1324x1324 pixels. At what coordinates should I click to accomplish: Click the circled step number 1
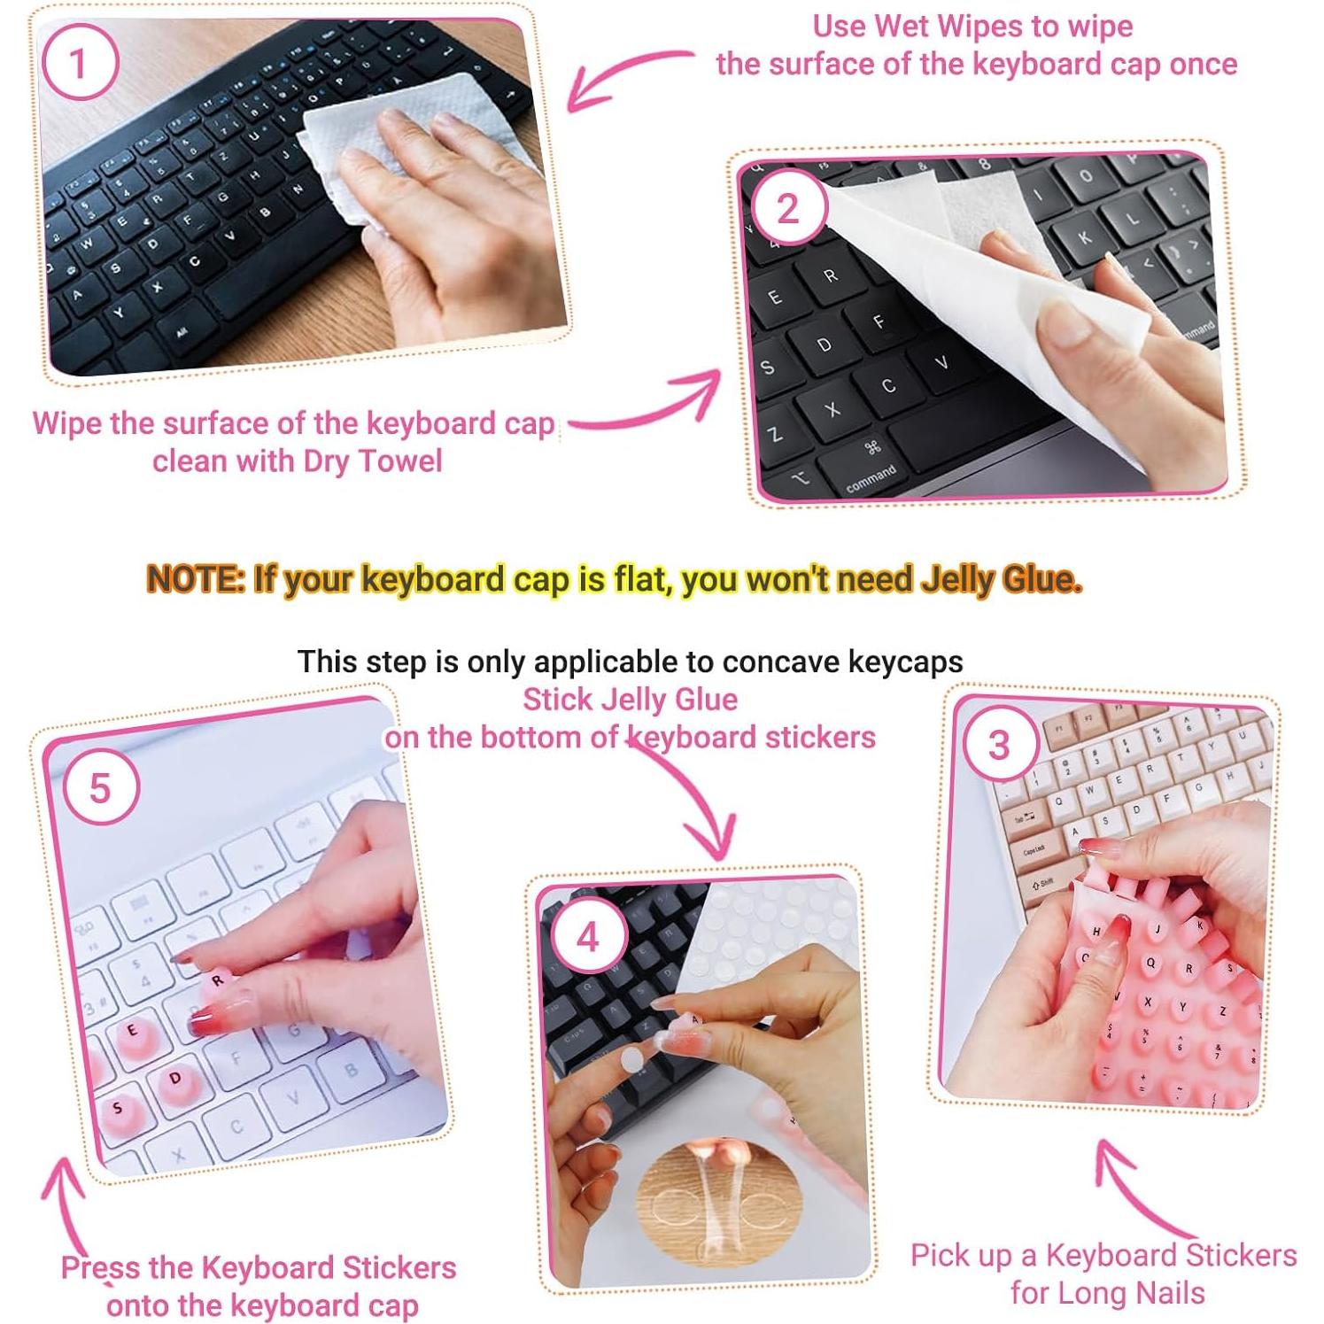pyautogui.click(x=80, y=63)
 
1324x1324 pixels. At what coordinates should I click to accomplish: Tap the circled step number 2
pyautogui.click(x=787, y=209)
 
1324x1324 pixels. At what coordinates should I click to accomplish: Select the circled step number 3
pyautogui.click(x=998, y=745)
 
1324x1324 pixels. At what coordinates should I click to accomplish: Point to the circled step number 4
pyautogui.click(x=588, y=937)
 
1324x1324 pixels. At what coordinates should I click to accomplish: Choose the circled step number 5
pyautogui.click(x=100, y=787)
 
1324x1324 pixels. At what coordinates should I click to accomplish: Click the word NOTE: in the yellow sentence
pyautogui.click(x=196, y=579)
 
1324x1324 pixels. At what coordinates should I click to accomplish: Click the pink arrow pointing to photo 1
pyautogui.click(x=620, y=75)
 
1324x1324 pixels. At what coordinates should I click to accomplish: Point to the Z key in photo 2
pyautogui.click(x=775, y=435)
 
